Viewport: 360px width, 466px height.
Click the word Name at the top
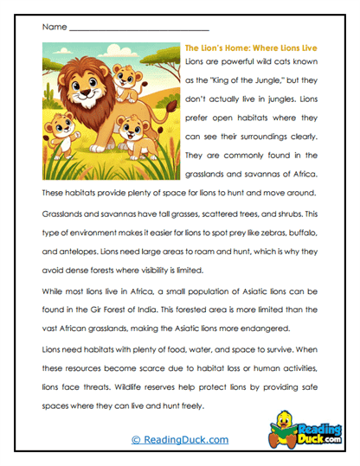53,27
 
